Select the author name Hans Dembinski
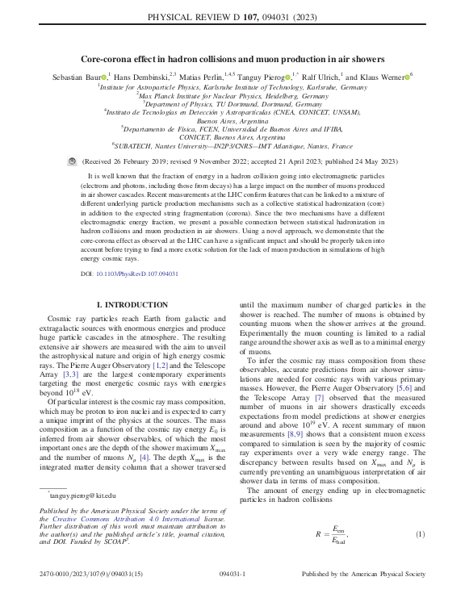(x=142, y=76)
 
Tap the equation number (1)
(x=420, y=535)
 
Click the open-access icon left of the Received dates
(x=71, y=161)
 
